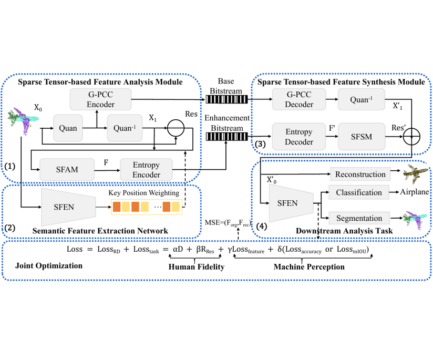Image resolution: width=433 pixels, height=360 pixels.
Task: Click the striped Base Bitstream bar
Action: [226, 99]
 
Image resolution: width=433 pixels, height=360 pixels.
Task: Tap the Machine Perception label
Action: [309, 267]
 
